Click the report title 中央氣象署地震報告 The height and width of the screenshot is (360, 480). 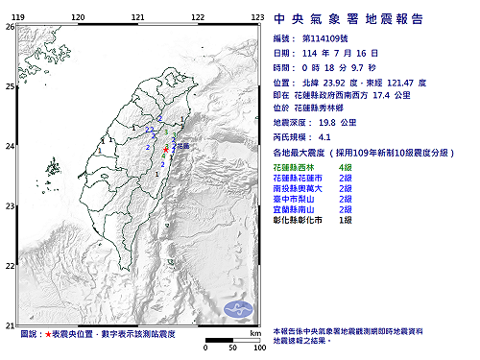pos(369,17)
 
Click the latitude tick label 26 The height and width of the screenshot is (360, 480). pos(9,28)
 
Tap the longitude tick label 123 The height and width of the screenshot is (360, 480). pos(257,17)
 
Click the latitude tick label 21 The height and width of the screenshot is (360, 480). pos(9,324)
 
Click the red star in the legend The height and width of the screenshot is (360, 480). pos(48,333)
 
